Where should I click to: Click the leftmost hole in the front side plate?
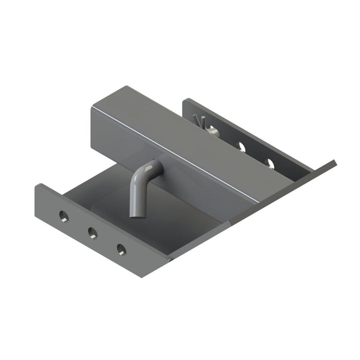[x=63, y=215]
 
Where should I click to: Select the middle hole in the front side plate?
[x=92, y=231]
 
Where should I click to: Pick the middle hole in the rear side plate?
[x=240, y=146]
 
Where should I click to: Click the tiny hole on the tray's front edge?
[x=170, y=259]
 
